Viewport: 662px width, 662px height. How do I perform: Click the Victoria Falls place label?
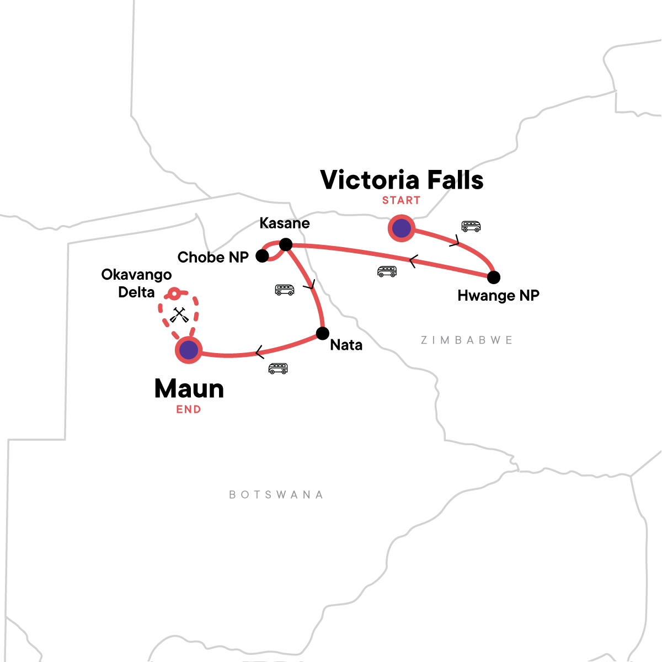pos(402,180)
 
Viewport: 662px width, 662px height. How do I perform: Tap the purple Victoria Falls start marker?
pos(401,228)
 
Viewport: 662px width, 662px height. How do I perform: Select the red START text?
pos(401,200)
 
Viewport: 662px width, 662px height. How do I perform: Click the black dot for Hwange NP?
pos(494,277)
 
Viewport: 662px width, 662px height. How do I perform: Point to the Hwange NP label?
pos(498,296)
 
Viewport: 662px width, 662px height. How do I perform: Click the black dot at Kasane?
pos(286,244)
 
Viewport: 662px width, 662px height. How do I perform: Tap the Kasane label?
pos(285,223)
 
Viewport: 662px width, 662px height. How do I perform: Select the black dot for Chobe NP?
pos(262,256)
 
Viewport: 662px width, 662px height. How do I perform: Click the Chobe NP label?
pos(213,257)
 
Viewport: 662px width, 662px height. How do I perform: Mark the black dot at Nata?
pos(322,333)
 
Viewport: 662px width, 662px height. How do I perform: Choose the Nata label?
pos(346,345)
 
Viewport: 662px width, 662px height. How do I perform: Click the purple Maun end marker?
pos(189,350)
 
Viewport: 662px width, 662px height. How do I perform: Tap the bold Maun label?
pos(189,389)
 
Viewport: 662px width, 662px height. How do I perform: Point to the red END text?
pos(189,409)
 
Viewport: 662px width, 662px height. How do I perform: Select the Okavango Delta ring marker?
pos(174,294)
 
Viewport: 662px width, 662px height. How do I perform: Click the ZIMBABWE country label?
pos(467,340)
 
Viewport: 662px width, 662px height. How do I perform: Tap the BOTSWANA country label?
pos(276,494)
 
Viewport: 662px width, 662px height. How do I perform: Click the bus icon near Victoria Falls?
pos(471,226)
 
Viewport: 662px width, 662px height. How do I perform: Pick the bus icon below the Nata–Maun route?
pos(278,368)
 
